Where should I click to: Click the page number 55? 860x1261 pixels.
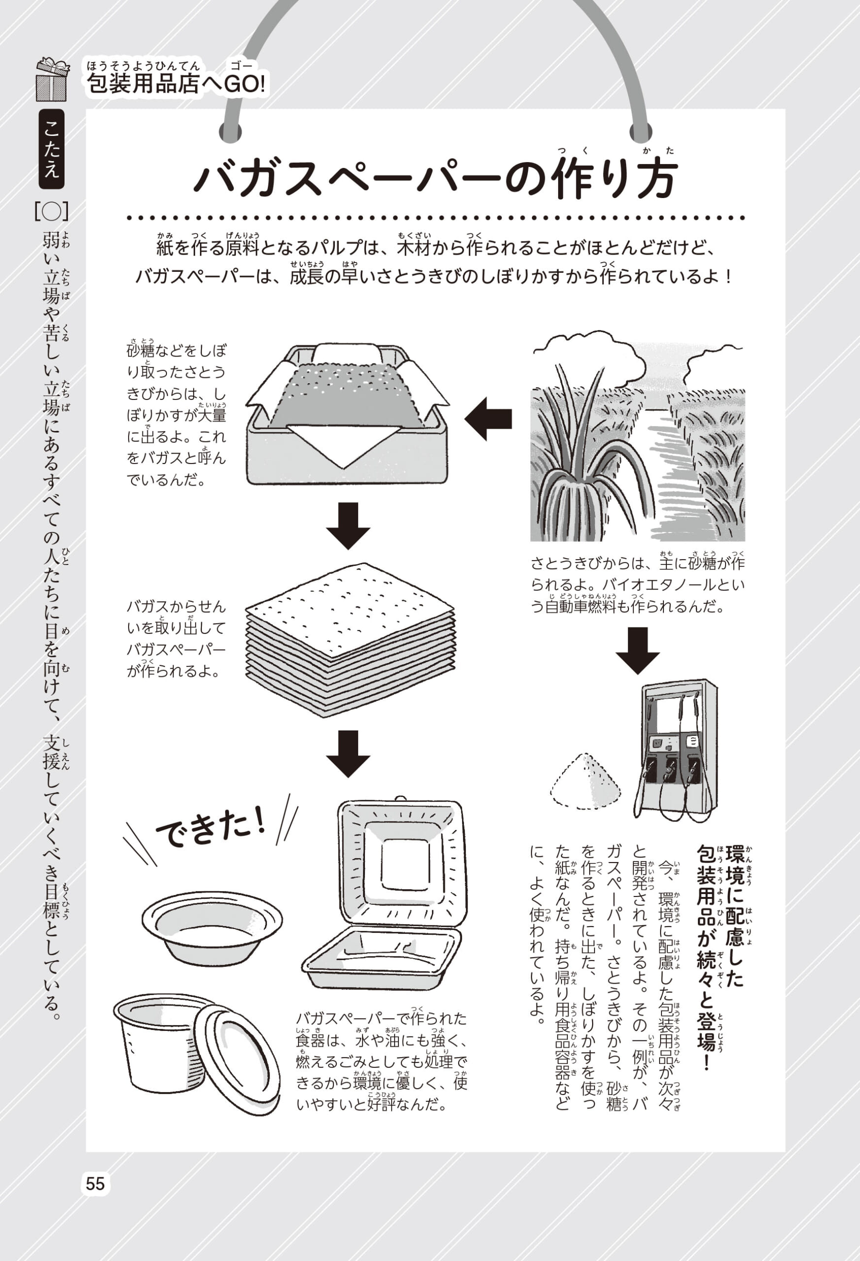coord(95,1183)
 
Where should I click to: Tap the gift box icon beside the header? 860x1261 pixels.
coord(52,80)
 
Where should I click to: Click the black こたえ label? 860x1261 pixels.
coord(52,149)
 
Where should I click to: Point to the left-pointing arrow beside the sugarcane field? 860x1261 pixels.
coord(488,418)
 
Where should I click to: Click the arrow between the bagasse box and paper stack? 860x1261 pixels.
coord(348,525)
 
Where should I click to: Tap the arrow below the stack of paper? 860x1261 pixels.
coord(348,753)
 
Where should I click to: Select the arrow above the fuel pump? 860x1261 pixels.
coord(637,650)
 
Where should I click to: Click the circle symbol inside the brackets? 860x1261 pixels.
coord(52,212)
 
